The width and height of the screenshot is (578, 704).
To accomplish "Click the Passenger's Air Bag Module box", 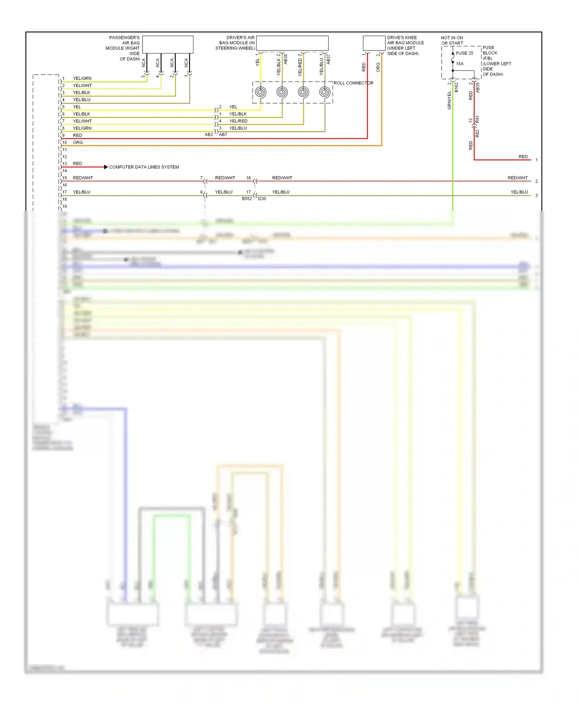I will click(x=168, y=44).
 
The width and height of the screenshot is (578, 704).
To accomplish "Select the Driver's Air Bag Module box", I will click(x=292, y=43).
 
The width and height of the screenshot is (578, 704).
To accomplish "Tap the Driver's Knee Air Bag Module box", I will click(x=374, y=43).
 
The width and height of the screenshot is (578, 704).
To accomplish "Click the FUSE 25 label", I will click(x=464, y=53).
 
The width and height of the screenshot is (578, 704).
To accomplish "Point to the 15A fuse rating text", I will click(x=460, y=64).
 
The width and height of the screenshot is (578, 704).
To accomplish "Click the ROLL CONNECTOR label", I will click(x=353, y=83).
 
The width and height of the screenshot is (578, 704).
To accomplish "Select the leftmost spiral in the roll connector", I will click(x=261, y=92).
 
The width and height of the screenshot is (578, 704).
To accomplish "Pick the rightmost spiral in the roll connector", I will click(x=325, y=92).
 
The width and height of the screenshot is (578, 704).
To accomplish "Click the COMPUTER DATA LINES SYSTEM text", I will click(x=144, y=167).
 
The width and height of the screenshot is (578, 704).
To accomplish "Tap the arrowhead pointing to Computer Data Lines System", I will click(x=106, y=167).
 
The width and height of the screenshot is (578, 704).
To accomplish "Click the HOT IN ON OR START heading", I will click(x=452, y=40).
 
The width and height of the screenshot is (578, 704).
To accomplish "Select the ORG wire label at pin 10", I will click(x=78, y=142).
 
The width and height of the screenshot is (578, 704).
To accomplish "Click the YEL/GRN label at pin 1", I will click(x=82, y=79).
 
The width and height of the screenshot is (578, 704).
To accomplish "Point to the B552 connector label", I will click(x=247, y=199).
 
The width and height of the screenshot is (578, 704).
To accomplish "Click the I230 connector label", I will click(x=262, y=199).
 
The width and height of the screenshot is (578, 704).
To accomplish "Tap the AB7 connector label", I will click(x=223, y=135).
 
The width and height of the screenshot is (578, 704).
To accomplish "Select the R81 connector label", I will click(x=477, y=119).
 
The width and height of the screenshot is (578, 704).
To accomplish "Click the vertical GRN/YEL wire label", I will click(x=449, y=101).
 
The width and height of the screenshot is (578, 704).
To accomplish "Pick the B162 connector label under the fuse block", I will click(x=456, y=87).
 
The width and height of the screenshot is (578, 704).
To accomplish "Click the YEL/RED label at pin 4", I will click(x=239, y=121).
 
